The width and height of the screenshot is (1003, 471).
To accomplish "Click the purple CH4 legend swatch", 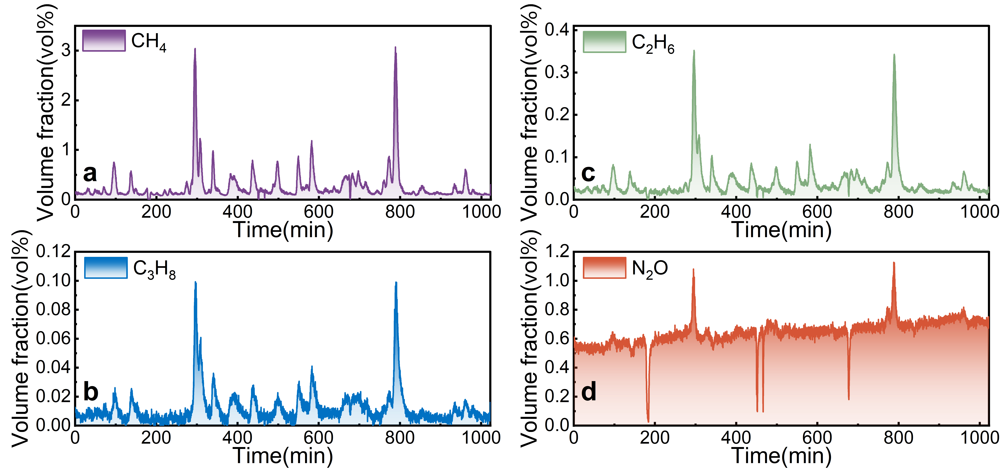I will point(104,40).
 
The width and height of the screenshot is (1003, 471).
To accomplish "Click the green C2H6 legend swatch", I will point(604,42).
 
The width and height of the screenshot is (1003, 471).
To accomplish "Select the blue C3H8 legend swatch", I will point(106,268).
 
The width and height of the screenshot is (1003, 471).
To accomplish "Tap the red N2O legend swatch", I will point(604,268).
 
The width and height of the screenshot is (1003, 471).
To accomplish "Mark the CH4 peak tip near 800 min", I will point(395,48).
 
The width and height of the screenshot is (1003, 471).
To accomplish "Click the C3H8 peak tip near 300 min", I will point(195,282).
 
